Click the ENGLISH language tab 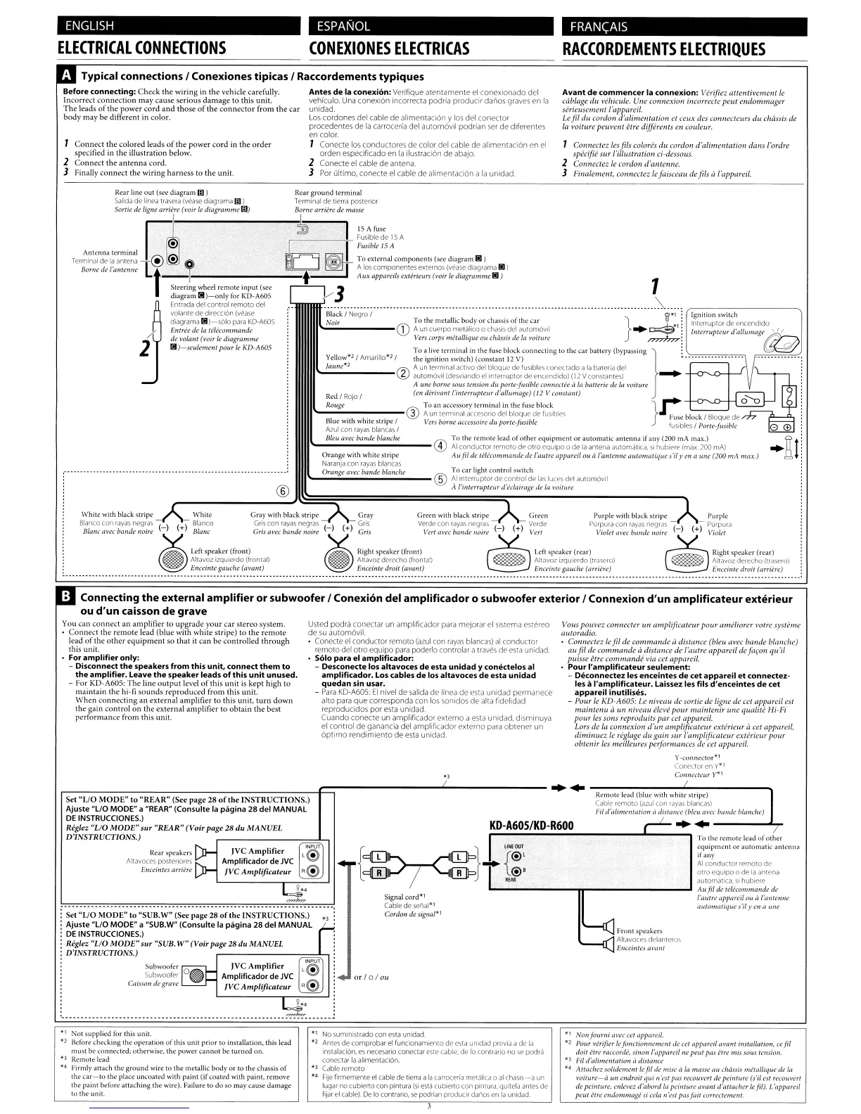[x=89, y=27]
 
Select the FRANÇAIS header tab [x=599, y=27]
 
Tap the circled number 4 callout [x=440, y=445]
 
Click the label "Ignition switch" [x=714, y=315]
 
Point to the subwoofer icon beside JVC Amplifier [x=196, y=975]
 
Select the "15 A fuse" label [x=371, y=229]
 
